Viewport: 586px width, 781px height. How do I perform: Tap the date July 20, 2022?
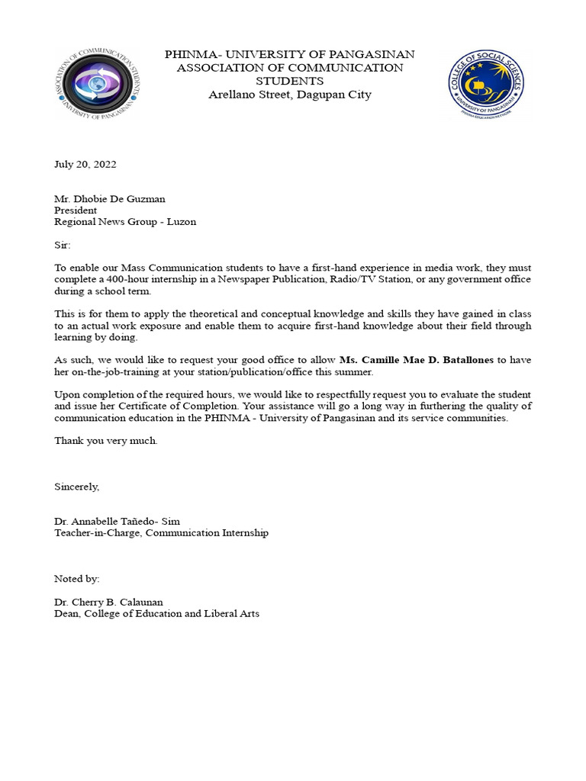click(85, 164)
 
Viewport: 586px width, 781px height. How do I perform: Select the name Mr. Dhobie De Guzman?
click(109, 199)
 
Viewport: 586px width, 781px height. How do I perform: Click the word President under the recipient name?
click(76, 211)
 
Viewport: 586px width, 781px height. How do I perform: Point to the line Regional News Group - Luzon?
click(124, 222)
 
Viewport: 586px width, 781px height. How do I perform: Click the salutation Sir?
click(62, 246)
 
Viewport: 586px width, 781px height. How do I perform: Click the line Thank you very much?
click(106, 441)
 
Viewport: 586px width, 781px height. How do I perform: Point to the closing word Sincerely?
click(76, 487)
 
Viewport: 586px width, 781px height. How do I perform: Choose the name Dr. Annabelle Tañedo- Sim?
click(117, 522)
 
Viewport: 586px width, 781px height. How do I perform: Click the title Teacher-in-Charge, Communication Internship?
click(161, 533)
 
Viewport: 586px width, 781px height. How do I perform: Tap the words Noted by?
click(76, 579)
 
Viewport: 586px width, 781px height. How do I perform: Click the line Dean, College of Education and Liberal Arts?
click(156, 613)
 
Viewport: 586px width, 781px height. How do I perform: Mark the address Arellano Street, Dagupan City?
click(290, 95)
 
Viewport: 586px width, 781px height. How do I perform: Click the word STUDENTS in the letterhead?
click(290, 81)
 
